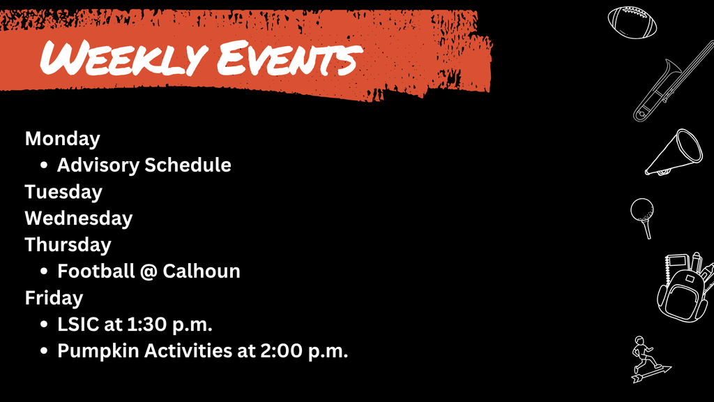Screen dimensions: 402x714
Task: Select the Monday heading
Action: (x=63, y=138)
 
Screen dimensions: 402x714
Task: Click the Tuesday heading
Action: (x=63, y=191)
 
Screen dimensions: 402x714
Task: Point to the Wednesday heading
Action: (x=79, y=218)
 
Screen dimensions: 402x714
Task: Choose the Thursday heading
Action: (x=68, y=244)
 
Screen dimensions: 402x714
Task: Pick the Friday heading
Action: (x=54, y=297)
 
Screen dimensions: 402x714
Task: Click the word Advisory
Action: (x=98, y=165)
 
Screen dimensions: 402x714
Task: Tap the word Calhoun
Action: (x=202, y=271)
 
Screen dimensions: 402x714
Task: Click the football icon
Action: (x=632, y=22)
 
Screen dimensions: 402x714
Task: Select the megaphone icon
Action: (x=674, y=151)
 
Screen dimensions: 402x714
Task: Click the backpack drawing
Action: (x=684, y=288)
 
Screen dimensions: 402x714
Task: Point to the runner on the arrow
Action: (x=645, y=359)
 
